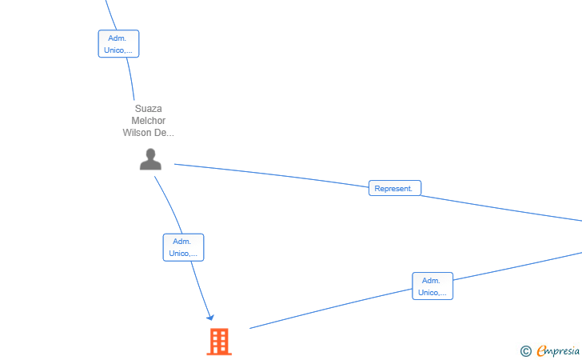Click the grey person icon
pyautogui.click(x=150, y=159)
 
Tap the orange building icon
pyautogui.click(x=219, y=342)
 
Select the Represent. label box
pyautogui.click(x=395, y=188)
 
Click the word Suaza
pyautogui.click(x=148, y=109)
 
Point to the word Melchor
pyautogui.click(x=148, y=120)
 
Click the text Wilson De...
pyautogui.click(x=148, y=133)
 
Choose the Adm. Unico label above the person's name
pyautogui.click(x=118, y=44)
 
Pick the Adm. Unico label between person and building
pyautogui.click(x=183, y=247)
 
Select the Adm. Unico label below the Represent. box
pyautogui.click(x=433, y=286)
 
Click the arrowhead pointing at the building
pyautogui.click(x=211, y=318)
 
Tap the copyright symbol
pyautogui.click(x=525, y=351)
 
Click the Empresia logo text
pyautogui.click(x=558, y=350)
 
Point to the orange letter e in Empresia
pyautogui.click(x=541, y=350)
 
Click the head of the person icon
pyautogui.click(x=150, y=154)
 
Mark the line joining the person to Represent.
pyautogui.click(x=271, y=175)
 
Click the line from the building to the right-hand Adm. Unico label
pyautogui.click(x=331, y=309)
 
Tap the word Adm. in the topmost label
pyautogui.click(x=118, y=38)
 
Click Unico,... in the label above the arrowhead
pyautogui.click(x=183, y=254)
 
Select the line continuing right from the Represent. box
pyautogui.click(x=501, y=209)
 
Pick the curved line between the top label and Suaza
pyautogui.click(x=130, y=78)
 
